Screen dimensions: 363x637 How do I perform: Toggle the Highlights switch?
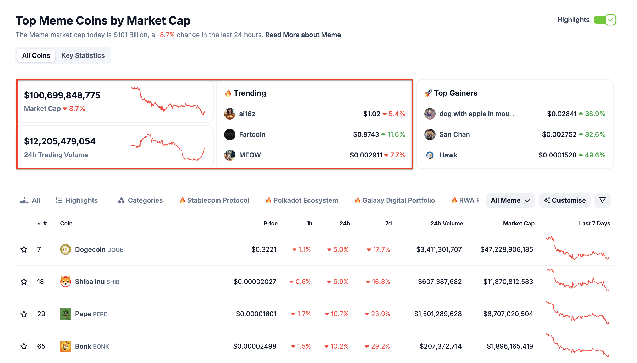coord(605,20)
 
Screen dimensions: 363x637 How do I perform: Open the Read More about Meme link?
coord(303,35)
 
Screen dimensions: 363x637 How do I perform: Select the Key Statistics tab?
coord(83,55)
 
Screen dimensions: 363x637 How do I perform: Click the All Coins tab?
coord(36,55)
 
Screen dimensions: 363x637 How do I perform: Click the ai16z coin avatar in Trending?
coord(230,114)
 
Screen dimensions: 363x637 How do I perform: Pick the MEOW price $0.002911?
coord(366,155)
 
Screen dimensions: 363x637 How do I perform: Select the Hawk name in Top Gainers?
coord(448,155)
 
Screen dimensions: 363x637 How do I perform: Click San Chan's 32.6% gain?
coord(595,134)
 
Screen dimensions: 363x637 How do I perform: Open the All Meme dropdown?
coord(510,200)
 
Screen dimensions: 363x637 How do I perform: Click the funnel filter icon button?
coord(602,200)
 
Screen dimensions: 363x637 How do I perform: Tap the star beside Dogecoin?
coord(24,249)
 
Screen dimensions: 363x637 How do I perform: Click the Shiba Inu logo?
coord(65,282)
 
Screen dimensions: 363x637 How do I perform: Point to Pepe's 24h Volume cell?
coord(438,314)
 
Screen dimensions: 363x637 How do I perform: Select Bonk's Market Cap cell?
coord(510,346)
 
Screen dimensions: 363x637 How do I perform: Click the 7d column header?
coord(388,223)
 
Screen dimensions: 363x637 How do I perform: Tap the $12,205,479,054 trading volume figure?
coord(60,141)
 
